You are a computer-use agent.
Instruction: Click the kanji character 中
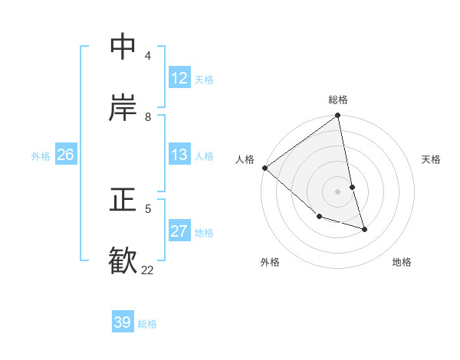[123, 47]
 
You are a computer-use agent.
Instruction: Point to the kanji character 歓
[123, 260]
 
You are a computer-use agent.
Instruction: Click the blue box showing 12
[179, 77]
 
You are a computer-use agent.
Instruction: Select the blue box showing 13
[179, 155]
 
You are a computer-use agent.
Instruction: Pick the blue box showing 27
[179, 231]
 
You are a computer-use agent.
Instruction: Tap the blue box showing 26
[66, 155]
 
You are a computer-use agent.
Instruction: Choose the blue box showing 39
[123, 322]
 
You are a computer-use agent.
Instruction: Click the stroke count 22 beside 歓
[147, 270]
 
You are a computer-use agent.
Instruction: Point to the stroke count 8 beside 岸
[148, 116]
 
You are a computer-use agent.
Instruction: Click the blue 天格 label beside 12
[204, 79]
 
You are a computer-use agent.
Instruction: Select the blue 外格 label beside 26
[41, 155]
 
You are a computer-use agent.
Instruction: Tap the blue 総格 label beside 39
[147, 324]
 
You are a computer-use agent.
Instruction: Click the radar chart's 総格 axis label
[338, 100]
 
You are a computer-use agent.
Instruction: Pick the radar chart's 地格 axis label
[402, 262]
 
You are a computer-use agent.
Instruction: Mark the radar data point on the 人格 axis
[264, 168]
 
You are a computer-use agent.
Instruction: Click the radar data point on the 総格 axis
[338, 116]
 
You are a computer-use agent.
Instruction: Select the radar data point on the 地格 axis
[364, 228]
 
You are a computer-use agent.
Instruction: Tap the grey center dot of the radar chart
[338, 191]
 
